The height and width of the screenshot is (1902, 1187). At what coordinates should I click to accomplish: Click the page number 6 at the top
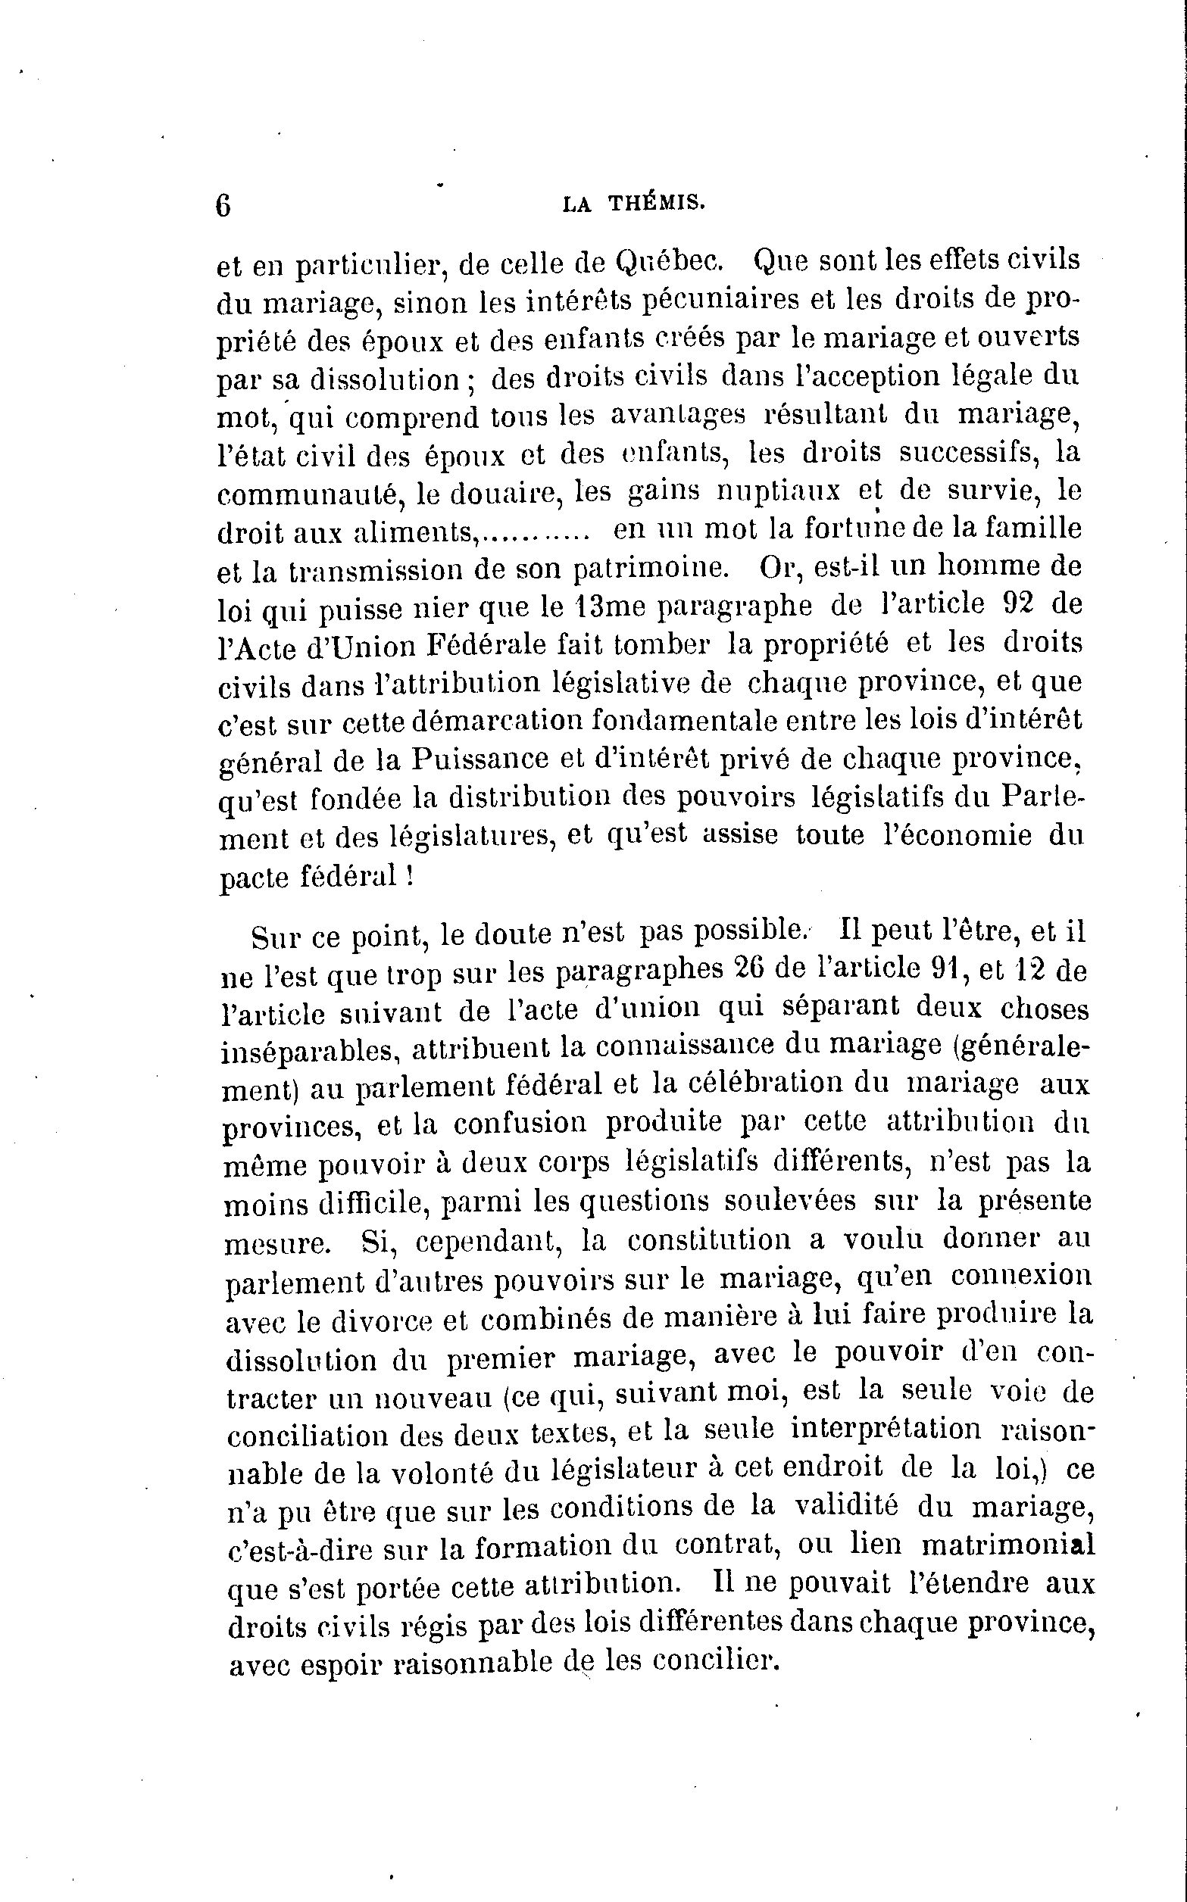pos(223,207)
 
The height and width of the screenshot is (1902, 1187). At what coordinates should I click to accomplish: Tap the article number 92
pos(1021,604)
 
